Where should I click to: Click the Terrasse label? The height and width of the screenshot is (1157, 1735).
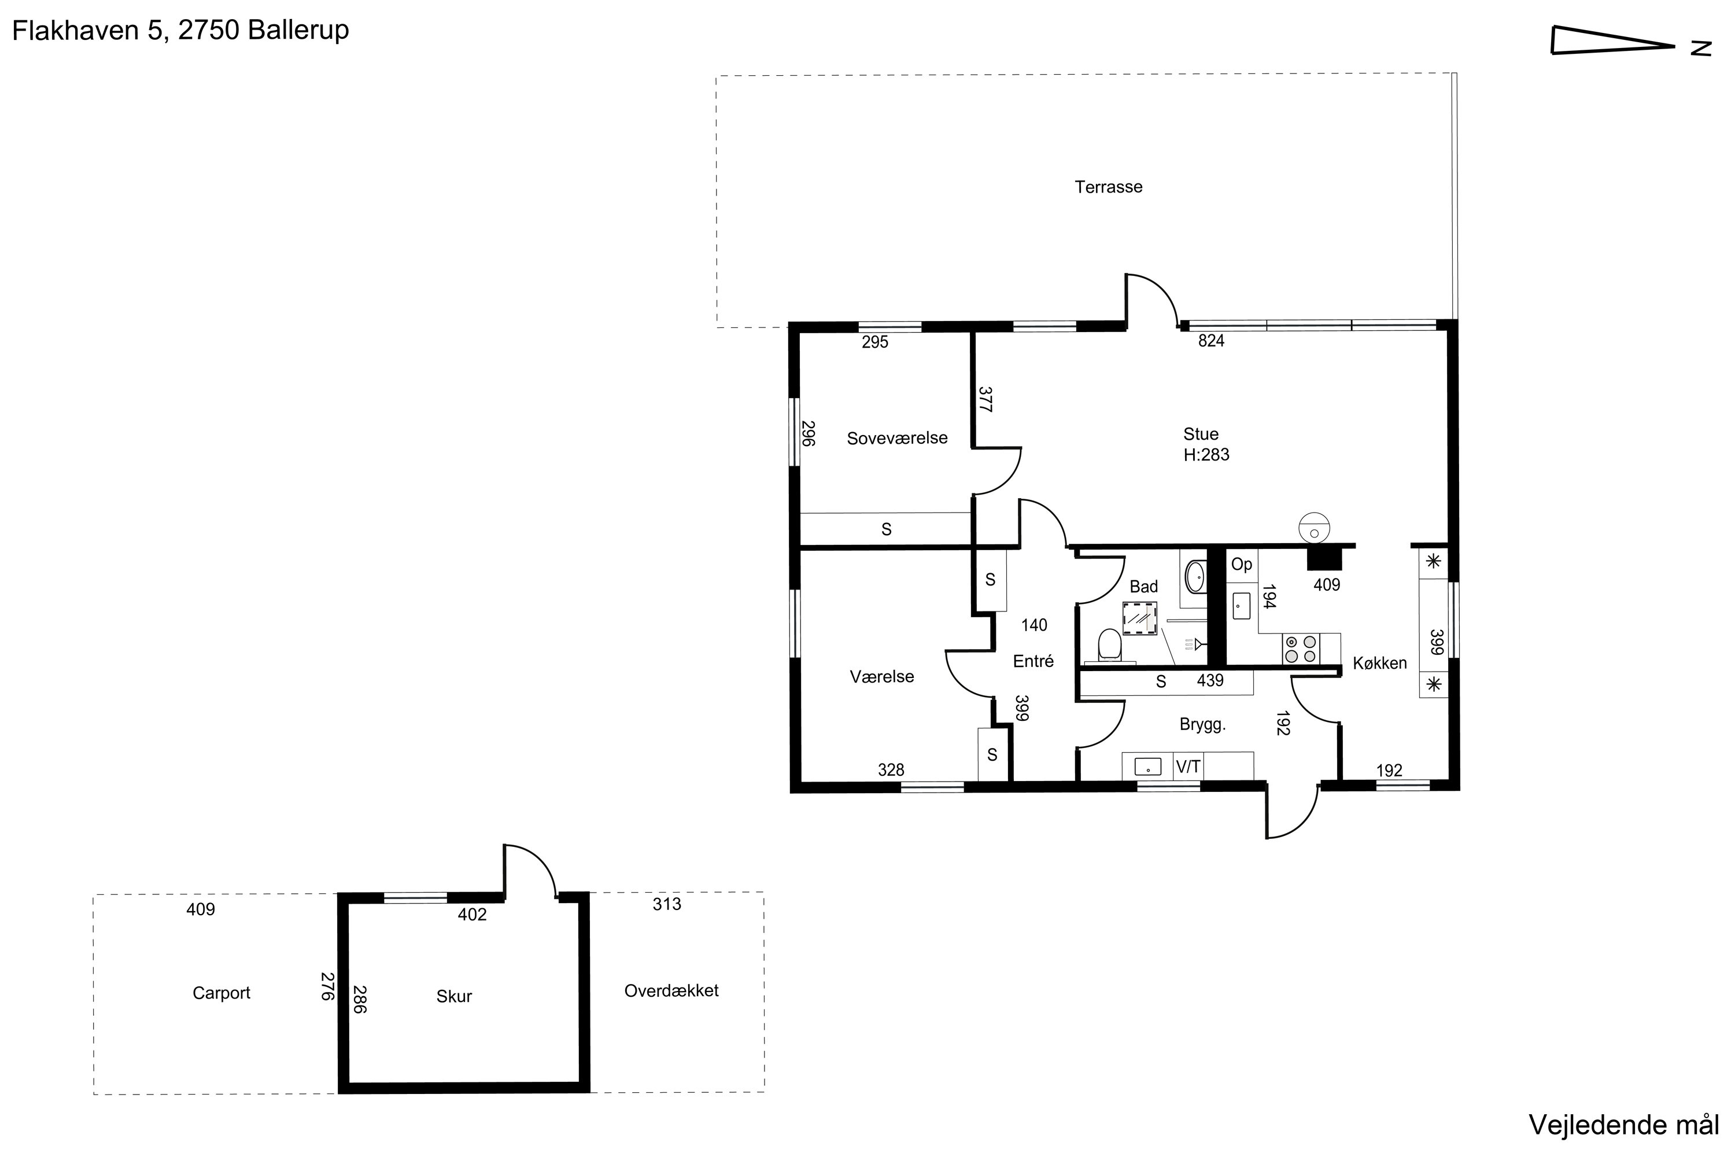coord(1108,187)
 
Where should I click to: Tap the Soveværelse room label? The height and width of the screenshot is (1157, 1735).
coord(897,439)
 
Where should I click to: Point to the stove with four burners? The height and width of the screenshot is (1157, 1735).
coord(1301,649)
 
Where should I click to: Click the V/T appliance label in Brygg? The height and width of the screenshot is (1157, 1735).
coord(1188,767)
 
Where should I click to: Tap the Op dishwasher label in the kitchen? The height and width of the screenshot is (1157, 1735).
coord(1242,565)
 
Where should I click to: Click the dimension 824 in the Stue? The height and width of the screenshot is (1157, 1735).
coord(1211,341)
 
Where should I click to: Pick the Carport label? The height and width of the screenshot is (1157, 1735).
coord(222,993)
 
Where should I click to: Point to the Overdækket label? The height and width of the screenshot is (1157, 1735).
coord(671,991)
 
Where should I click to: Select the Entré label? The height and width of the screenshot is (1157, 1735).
coord(1033,661)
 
